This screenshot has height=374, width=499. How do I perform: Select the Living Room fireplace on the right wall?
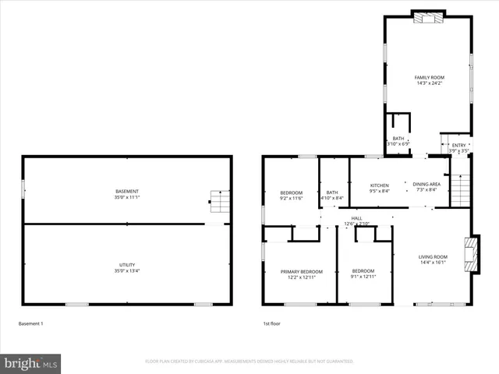point(469,253)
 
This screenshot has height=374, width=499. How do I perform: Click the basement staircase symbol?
point(220,202)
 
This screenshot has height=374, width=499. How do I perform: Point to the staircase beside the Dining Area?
point(462,189)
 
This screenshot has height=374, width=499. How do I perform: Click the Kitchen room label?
point(379,185)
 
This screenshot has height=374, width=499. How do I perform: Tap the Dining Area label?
point(426,185)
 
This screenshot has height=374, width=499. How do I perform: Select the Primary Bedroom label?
point(301,271)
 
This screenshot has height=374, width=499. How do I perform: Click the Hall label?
point(356,218)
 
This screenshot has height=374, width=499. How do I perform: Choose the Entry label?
point(458,145)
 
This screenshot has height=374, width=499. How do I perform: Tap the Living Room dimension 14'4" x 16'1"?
point(433,263)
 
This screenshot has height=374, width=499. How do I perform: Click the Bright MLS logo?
point(31,363)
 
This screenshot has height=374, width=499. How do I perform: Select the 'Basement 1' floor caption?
point(30,323)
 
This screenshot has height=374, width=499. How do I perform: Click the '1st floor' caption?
point(271,323)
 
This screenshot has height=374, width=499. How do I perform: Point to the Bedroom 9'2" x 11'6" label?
point(291,199)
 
